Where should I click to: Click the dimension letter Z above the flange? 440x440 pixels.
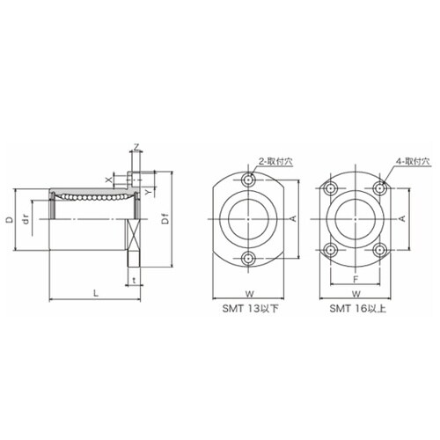136,147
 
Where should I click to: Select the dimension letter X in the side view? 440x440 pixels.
109,180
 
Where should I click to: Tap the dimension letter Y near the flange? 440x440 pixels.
149,192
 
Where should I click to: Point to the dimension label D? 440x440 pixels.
11,219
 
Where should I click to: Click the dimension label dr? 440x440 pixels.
26,219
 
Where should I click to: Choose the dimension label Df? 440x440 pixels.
166,219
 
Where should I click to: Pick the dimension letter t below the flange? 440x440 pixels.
134,281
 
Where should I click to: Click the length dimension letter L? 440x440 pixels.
96,293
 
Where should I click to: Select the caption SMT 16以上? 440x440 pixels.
357,309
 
